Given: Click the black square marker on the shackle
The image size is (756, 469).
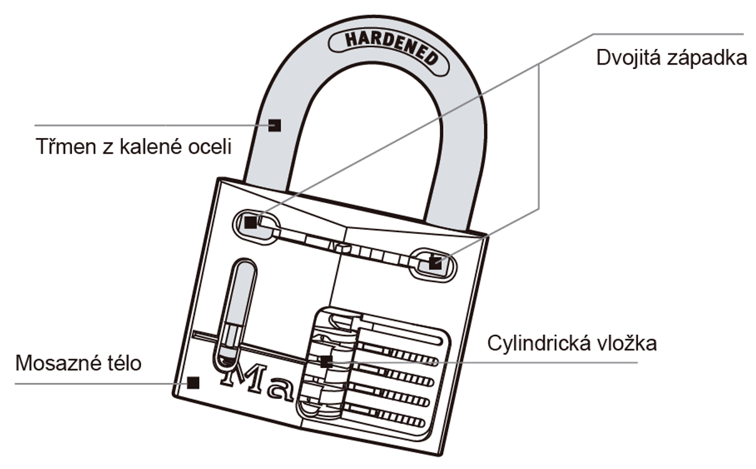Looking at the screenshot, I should pyautogui.click(x=274, y=125).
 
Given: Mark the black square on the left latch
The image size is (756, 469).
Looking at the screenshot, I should pyautogui.click(x=250, y=223).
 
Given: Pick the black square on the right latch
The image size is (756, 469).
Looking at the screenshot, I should pyautogui.click(x=434, y=263).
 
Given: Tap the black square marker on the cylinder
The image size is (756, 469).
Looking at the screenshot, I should pyautogui.click(x=325, y=361).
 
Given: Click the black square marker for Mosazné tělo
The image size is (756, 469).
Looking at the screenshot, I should pyautogui.click(x=194, y=382).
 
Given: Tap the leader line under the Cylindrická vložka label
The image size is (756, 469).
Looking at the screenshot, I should pyautogui.click(x=564, y=362).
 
